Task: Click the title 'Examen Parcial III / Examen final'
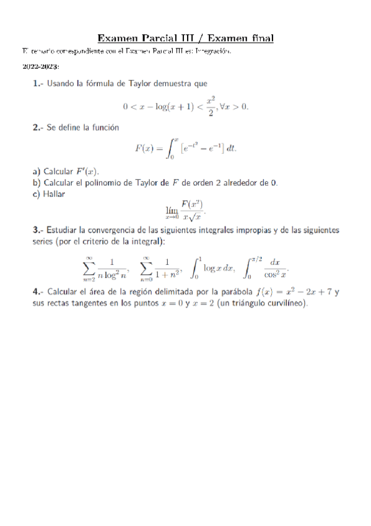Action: tap(186, 38)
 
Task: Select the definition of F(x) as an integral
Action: tap(186, 148)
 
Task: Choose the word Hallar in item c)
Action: tap(55, 194)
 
